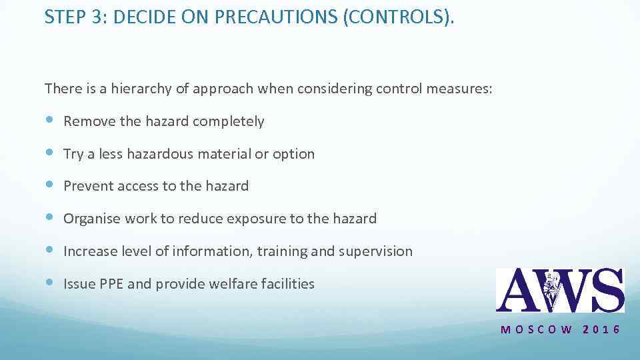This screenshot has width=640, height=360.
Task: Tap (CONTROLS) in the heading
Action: point(397,17)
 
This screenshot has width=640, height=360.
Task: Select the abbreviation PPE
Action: point(111,284)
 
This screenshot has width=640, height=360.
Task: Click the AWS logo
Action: point(559,290)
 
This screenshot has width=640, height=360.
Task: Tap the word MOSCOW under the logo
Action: point(536,329)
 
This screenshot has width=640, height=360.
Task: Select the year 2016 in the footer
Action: point(602,329)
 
